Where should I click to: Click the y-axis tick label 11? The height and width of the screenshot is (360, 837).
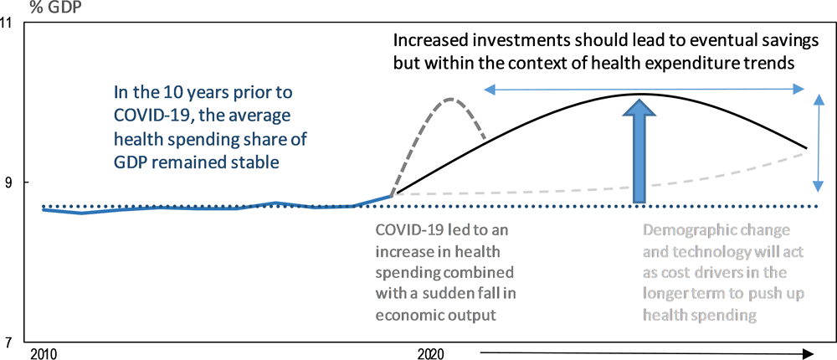13,24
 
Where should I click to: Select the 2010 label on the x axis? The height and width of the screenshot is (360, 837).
42,353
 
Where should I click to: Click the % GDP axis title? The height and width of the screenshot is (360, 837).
59,8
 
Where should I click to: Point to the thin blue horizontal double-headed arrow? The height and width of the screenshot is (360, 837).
644,90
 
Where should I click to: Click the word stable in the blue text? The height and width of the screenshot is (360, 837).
260,162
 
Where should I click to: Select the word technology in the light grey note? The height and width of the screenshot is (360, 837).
704,251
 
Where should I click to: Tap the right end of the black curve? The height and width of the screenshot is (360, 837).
806,148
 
